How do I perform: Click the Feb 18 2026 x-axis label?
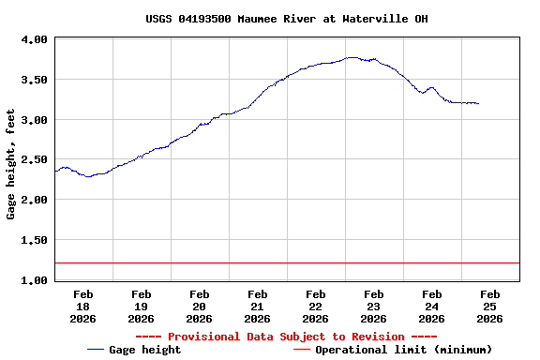click(82, 307)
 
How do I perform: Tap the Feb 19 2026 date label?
click(141, 307)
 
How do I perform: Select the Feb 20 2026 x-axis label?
click(199, 307)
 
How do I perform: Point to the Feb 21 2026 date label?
click(257, 307)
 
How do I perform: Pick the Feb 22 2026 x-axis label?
click(315, 307)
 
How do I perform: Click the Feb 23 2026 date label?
click(373, 307)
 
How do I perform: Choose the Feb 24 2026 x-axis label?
click(431, 307)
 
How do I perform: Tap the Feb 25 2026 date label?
click(489, 307)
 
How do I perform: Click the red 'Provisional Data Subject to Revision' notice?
click(286, 337)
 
